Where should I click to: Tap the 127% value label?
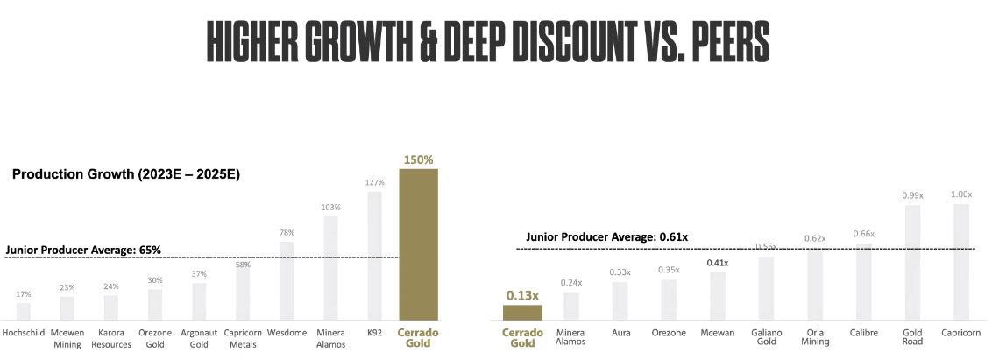coord(374,183)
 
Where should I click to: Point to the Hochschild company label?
coord(24,333)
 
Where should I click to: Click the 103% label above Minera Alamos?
coord(330,208)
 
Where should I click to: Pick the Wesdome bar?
coord(287,280)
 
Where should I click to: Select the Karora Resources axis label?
coord(111,338)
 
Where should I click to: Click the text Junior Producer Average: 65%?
coord(83,251)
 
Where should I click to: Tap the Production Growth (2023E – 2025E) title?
coord(126,175)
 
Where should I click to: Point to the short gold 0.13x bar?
coord(522,312)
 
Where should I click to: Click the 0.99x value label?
coord(913,195)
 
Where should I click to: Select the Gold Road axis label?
coord(913,338)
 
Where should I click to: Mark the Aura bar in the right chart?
coord(620,300)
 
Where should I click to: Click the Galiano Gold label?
coord(766,338)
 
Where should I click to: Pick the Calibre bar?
coord(863,282)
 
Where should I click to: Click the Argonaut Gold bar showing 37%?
coord(199,300)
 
